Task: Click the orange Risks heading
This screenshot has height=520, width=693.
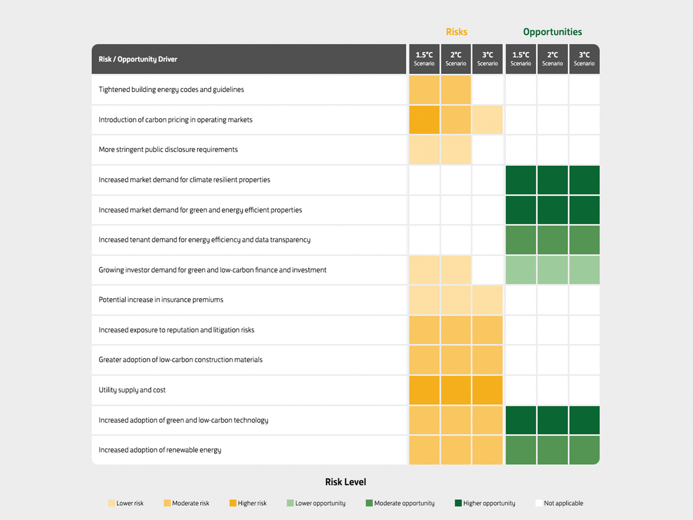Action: point(456,32)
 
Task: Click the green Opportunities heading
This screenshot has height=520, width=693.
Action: point(552,32)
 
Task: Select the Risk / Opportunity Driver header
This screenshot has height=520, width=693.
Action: point(138,59)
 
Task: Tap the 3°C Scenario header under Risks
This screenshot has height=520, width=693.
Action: point(487,59)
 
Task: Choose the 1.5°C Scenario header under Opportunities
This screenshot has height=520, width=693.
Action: point(520,59)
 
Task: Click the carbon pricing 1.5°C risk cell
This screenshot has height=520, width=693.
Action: point(424,120)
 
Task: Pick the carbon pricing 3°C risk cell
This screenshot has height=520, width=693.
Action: point(487,120)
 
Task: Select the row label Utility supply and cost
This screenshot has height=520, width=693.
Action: point(132,390)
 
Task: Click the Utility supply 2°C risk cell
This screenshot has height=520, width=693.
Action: point(456,390)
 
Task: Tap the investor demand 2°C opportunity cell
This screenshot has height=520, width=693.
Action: point(552,270)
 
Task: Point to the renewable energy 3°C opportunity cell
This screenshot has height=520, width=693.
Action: point(584,450)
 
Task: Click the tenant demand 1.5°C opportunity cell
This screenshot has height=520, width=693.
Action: point(520,240)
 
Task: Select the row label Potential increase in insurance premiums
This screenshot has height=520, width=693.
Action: point(161,300)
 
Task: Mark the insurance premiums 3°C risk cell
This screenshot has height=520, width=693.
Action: point(487,300)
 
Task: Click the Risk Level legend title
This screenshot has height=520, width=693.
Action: point(345,482)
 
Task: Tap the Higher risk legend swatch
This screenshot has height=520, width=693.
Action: point(233,503)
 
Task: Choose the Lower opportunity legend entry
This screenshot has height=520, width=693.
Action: point(316,503)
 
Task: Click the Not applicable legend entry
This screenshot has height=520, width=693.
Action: point(559,503)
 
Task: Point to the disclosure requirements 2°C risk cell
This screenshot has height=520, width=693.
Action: point(456,149)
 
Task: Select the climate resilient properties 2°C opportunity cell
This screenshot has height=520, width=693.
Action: point(552,180)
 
